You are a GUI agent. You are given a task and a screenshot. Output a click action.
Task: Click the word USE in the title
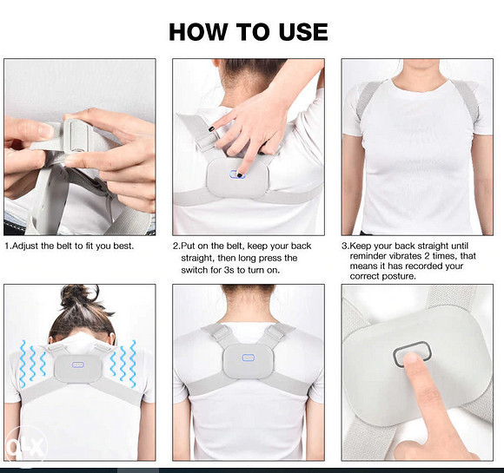[303, 32]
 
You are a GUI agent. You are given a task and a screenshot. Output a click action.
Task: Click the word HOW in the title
[198, 32]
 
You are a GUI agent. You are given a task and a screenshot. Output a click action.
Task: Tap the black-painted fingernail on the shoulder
[211, 129]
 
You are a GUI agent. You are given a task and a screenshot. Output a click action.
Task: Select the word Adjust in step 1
[25, 246]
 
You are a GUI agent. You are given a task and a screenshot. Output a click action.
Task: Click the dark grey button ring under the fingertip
[412, 344]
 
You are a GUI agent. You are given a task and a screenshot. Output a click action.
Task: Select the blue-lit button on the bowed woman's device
[78, 365]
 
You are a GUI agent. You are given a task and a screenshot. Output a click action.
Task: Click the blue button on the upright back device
[248, 358]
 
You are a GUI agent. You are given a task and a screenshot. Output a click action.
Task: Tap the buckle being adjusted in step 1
[76, 136]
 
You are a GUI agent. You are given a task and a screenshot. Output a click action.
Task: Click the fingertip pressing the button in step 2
[240, 173]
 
